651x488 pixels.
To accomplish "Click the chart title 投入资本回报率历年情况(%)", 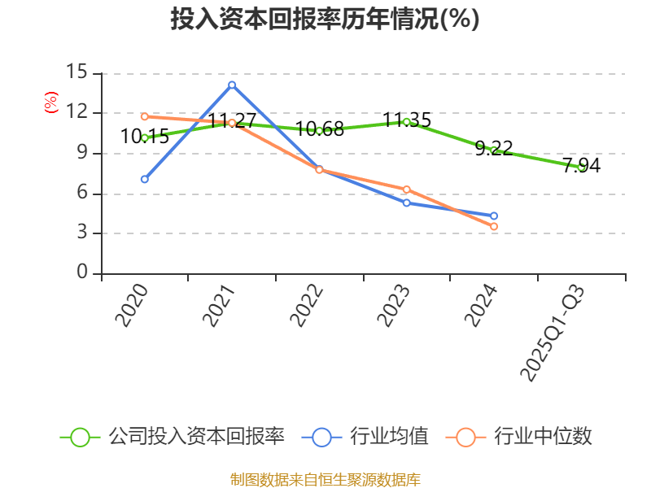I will pos(325,20).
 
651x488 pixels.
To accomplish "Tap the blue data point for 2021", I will pos(232,85).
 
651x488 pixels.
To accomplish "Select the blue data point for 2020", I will pos(144,179).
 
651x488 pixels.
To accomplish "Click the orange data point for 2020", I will pos(144,116).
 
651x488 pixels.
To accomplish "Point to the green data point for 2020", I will pos(144,138).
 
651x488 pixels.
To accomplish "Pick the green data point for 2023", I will pos(406,122).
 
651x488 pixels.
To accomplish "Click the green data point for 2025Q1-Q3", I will pos(581,167).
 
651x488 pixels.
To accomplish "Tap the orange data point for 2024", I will pos(494,227).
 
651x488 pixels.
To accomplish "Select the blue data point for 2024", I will pos(494,216).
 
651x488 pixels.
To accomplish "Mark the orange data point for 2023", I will pos(406,190).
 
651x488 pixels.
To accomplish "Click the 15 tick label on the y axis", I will pos(76,72).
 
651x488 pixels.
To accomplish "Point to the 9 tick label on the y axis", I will pos(82,153).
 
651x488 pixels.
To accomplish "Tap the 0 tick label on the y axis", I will pos(82,273).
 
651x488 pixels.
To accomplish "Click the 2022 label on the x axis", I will pos(306,307).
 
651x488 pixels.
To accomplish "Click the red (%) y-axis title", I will pos(51,103).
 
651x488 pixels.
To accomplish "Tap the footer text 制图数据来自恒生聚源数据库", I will pos(325,479).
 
